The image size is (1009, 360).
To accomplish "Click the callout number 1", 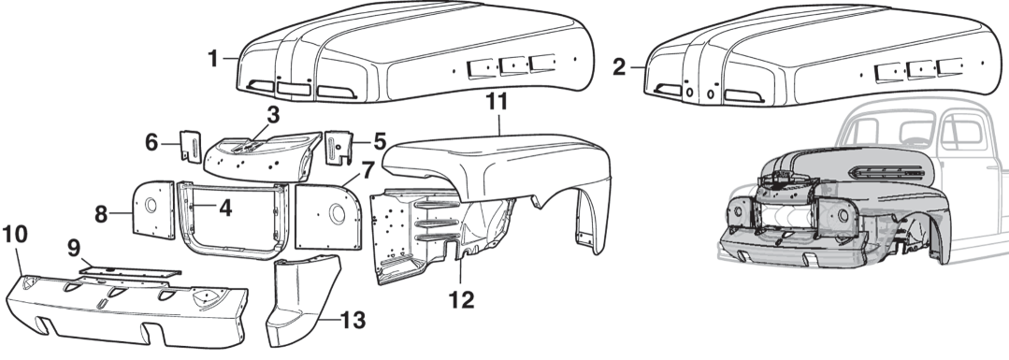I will tap(213, 58).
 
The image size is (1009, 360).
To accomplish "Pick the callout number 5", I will tap(379, 143).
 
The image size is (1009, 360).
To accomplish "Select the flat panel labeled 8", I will tap(149, 210).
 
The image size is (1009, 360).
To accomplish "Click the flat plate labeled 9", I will tap(126, 271).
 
